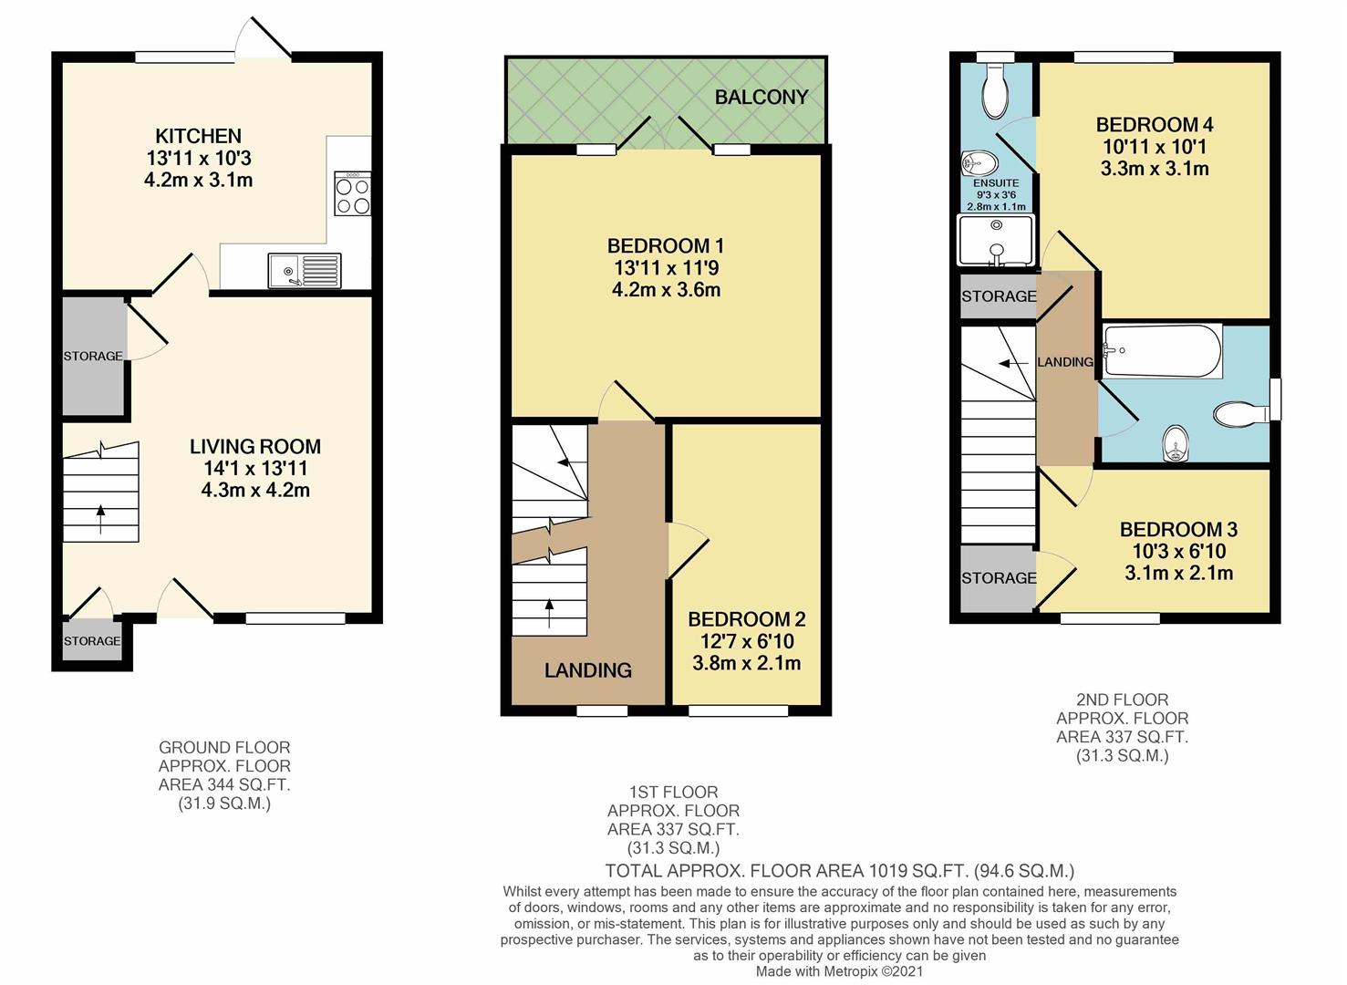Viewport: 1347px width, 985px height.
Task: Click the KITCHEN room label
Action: tap(198, 137)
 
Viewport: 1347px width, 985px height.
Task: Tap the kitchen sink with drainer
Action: tap(305, 270)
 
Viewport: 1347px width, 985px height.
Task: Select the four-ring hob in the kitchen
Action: tap(353, 193)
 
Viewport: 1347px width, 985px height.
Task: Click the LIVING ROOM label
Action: tap(255, 447)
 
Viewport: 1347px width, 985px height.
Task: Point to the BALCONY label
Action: tap(761, 98)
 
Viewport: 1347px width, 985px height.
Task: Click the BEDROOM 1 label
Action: tap(666, 246)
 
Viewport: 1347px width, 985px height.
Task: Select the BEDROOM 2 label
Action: tap(746, 619)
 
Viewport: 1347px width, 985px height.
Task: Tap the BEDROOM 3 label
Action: tap(1178, 530)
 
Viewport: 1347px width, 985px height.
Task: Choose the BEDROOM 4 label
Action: tap(1155, 125)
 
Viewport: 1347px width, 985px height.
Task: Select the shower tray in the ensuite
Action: tap(996, 241)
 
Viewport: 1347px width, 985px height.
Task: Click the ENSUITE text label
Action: tap(996, 182)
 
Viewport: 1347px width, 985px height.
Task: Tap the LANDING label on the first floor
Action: tap(588, 670)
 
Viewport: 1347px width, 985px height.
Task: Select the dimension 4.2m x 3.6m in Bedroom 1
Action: tap(666, 290)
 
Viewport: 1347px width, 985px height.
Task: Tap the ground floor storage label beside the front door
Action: tap(92, 641)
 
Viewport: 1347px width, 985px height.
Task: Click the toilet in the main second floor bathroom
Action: tap(1241, 415)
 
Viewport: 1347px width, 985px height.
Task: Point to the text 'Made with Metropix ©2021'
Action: tap(839, 972)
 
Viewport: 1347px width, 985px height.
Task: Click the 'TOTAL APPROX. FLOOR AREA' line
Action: tap(839, 871)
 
